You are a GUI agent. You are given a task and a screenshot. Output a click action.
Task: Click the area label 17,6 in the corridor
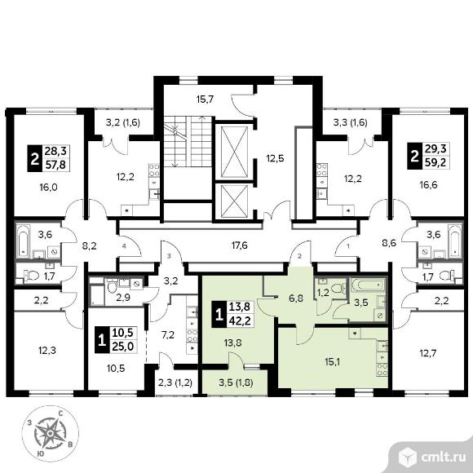[x=240, y=245]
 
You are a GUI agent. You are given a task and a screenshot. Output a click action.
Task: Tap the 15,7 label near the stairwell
[x=206, y=99]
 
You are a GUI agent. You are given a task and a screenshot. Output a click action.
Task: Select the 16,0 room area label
[x=48, y=188]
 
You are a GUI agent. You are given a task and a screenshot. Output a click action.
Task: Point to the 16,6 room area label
[x=428, y=184]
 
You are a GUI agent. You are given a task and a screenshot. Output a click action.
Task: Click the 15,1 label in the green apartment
[x=332, y=361]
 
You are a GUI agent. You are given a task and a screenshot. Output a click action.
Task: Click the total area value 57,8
[x=55, y=165]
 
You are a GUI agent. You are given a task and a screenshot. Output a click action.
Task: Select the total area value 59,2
[x=435, y=162]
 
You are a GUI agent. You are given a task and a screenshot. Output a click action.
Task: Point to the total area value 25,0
[x=123, y=347]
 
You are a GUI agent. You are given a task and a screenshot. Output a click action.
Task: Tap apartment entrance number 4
[x=124, y=246]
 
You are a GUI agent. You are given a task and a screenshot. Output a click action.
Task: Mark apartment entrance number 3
[x=170, y=256]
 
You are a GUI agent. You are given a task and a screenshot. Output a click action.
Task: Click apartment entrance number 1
[x=348, y=246]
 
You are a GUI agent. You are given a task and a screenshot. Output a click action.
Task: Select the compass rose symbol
[x=51, y=434]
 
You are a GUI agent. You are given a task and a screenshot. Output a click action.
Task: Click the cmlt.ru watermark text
[x=444, y=458]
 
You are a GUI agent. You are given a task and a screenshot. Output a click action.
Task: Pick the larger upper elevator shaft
[x=234, y=152]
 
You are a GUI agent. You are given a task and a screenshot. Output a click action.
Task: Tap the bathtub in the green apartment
[x=368, y=285]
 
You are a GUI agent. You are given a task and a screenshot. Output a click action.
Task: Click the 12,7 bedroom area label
[x=428, y=352]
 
